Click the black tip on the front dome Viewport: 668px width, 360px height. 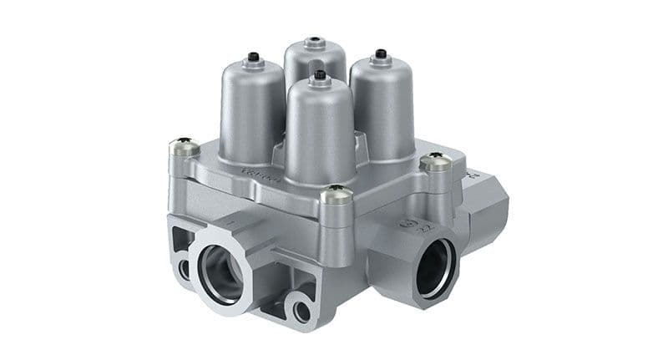click(x=320, y=74)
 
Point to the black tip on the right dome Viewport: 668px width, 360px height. click(x=381, y=53)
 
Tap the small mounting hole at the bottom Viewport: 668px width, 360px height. click(x=301, y=311)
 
